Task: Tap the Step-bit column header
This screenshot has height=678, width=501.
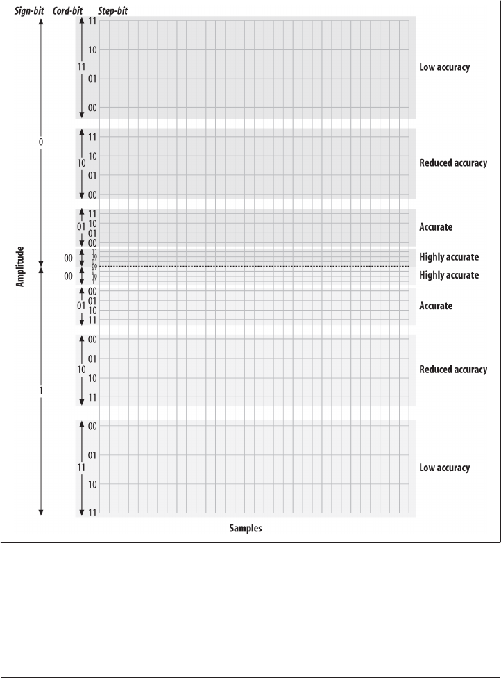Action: pos(112,12)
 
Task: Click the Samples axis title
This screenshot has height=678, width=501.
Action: pos(246,529)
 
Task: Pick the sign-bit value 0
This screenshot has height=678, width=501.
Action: pos(41,142)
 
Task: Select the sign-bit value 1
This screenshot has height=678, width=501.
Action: pos(41,391)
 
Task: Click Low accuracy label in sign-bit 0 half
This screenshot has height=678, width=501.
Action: pos(445,67)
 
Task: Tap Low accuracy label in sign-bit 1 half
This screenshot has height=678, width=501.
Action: pos(445,468)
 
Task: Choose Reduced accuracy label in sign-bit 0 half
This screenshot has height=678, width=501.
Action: pos(453,163)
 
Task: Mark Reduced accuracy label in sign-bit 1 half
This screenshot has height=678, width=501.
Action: pos(453,370)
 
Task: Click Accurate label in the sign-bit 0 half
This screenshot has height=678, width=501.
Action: pos(436,227)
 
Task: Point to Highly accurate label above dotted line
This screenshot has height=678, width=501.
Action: pos(449,257)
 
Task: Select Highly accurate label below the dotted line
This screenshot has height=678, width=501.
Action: pos(449,276)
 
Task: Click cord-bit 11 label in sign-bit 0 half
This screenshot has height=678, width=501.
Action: pos(81,67)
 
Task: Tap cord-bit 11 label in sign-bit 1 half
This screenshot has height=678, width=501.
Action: pos(81,468)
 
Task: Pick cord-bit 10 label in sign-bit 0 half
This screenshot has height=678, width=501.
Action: pos(81,163)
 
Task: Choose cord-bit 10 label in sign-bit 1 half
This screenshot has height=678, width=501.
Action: pos(81,370)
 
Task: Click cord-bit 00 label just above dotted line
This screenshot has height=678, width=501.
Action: pos(68,258)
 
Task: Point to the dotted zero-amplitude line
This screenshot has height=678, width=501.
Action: pos(250,267)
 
